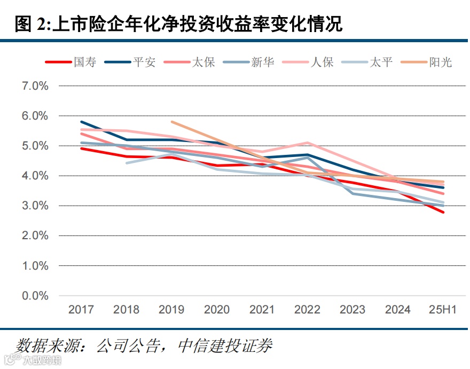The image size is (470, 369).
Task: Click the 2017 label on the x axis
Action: tap(81, 310)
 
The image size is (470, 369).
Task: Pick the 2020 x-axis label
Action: tap(217, 310)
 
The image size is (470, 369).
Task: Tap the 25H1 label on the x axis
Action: tap(443, 310)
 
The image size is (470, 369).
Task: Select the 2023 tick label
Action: tap(352, 310)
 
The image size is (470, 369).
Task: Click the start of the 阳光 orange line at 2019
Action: tap(172, 122)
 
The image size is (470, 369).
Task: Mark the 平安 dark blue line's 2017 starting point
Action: tap(81, 122)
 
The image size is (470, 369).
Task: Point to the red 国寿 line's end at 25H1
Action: tap(443, 212)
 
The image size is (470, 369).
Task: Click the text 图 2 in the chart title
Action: tap(30, 25)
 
